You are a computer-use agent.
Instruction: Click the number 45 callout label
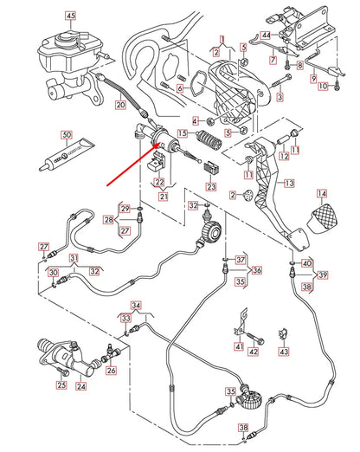pos(70,16)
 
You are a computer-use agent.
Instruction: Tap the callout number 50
pos(66,135)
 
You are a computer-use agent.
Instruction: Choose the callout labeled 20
pos(120,106)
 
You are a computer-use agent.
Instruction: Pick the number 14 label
pos(322,193)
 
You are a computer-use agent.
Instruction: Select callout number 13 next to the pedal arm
pos(288,184)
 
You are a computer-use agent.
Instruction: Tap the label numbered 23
pos(211,185)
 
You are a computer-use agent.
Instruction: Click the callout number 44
pos(267,35)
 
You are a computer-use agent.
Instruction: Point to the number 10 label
pos(323,87)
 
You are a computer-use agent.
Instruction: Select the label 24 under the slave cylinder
pos(80,386)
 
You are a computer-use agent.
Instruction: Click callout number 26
pos(111,371)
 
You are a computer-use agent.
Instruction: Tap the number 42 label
pos(253,352)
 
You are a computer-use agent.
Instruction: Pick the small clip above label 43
pos(281,333)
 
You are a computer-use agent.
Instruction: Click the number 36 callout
pos(257,270)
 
